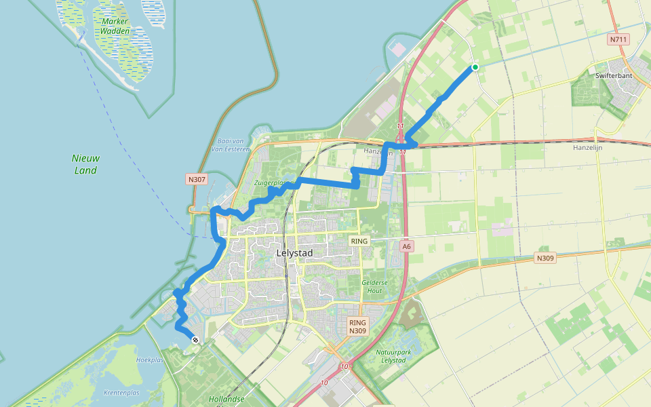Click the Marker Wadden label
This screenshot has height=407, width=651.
point(114,26)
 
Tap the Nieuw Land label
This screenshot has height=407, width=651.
point(85,164)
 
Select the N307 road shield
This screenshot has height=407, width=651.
point(196,180)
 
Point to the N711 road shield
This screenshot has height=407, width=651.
point(618,39)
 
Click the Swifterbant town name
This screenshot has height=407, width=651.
point(614,76)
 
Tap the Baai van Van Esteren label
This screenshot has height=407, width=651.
point(231,144)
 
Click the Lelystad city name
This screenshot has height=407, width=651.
point(295,253)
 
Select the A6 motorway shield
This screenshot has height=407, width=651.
point(406,247)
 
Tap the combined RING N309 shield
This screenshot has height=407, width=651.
point(357,326)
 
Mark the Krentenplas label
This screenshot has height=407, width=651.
point(121,393)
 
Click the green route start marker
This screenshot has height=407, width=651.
point(475,67)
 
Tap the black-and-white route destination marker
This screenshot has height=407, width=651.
point(195,340)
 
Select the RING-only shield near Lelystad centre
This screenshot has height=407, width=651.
point(359,241)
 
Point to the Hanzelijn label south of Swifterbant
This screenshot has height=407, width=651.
point(587,147)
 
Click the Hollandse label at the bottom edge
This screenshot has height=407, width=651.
point(226,400)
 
